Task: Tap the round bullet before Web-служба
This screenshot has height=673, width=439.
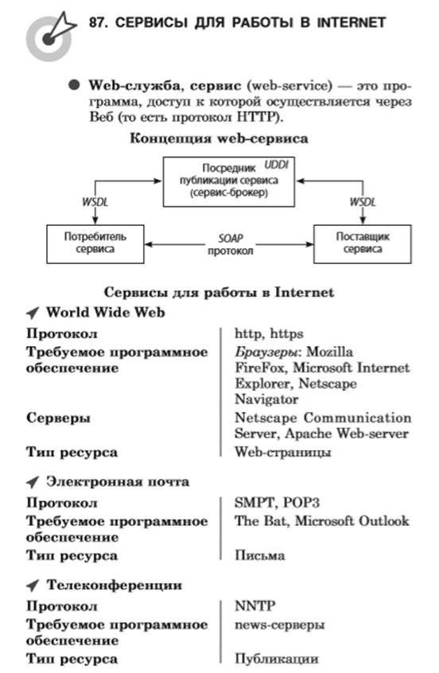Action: click(x=74, y=85)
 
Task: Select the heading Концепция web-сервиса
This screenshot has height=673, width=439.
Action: click(x=219, y=138)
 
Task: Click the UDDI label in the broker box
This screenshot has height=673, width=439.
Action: click(x=276, y=165)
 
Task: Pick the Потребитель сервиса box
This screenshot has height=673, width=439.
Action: click(x=95, y=243)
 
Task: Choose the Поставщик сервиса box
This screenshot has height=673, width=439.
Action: click(x=363, y=243)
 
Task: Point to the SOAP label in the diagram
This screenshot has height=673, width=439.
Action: click(x=231, y=238)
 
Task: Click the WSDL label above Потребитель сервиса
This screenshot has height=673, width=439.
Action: click(x=95, y=202)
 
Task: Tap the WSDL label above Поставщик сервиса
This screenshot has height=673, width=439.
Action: click(x=363, y=202)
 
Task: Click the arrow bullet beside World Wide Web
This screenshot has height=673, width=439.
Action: click(x=33, y=313)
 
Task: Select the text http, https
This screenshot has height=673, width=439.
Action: click(x=269, y=334)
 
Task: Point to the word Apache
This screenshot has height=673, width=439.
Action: click(x=309, y=434)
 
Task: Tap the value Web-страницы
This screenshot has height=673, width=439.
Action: click(x=283, y=452)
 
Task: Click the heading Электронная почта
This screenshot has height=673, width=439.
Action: click(x=118, y=482)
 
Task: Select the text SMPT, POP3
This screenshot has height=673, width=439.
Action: click(x=278, y=503)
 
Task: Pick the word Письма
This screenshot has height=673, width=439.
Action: click(x=259, y=555)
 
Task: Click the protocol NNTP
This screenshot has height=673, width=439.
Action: click(x=255, y=606)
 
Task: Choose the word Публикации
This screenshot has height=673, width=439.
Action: click(x=276, y=659)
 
